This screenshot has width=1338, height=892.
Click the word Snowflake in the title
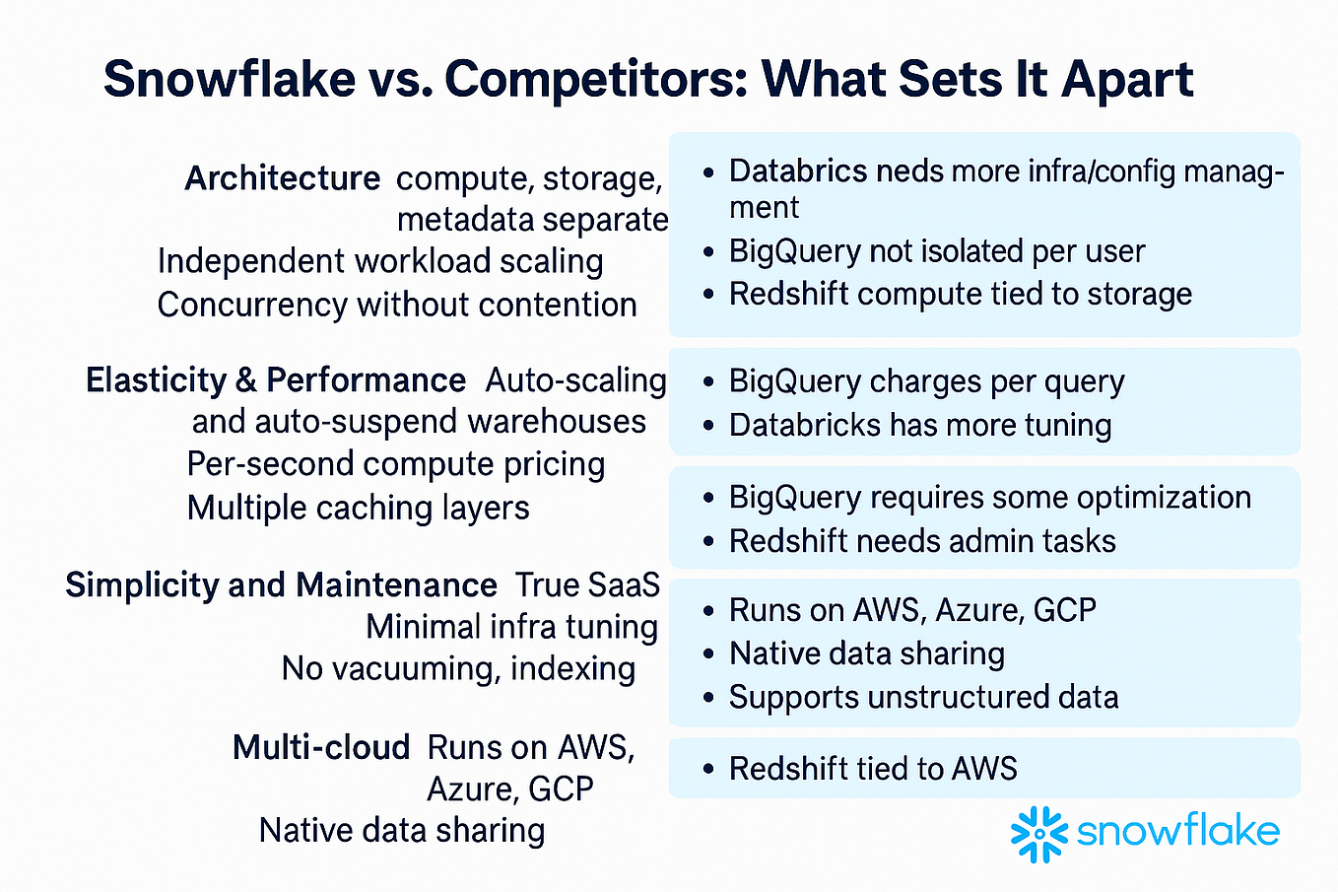click(x=230, y=79)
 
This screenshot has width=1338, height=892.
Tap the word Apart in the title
click(x=1127, y=81)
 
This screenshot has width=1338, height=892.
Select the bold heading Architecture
click(x=283, y=178)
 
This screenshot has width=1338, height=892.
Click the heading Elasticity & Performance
click(x=276, y=380)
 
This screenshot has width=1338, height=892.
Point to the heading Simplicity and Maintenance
click(x=282, y=584)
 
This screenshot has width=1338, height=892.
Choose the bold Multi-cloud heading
click(x=321, y=747)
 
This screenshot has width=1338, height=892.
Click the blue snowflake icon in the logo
click(x=1039, y=834)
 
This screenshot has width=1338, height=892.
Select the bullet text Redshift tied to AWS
click(x=873, y=769)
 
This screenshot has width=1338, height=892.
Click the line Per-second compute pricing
click(x=396, y=464)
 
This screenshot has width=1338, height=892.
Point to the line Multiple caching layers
click(x=359, y=508)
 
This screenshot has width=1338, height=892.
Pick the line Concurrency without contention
click(x=397, y=305)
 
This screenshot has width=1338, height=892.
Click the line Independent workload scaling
click(x=380, y=261)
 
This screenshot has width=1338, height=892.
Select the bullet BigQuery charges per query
click(x=926, y=381)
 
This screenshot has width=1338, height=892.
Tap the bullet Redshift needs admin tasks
click(x=922, y=541)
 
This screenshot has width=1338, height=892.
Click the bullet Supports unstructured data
click(x=923, y=697)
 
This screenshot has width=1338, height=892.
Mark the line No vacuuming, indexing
click(x=458, y=668)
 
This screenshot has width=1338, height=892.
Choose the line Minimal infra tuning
click(x=512, y=627)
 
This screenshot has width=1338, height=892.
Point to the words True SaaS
click(x=587, y=584)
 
